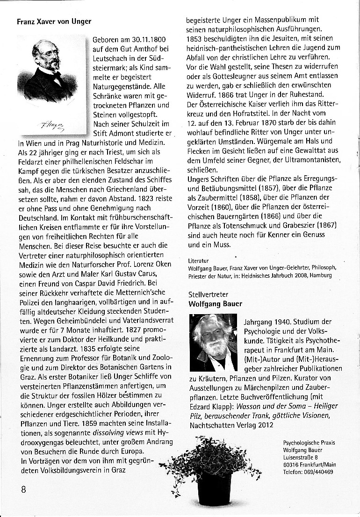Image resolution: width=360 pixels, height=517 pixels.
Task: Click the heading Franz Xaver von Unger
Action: (x=54, y=22)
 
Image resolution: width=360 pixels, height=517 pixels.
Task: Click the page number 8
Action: (x=23, y=489)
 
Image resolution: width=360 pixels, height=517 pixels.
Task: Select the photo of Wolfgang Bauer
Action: (x=213, y=343)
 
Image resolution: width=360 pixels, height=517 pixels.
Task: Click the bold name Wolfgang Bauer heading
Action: (x=215, y=304)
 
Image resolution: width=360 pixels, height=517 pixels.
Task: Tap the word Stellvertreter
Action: (x=209, y=294)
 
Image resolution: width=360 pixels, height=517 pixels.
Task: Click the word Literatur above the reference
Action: (x=198, y=260)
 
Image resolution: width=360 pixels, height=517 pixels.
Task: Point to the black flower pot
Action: (x=215, y=487)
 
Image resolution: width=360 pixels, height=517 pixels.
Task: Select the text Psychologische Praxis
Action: (x=309, y=443)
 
